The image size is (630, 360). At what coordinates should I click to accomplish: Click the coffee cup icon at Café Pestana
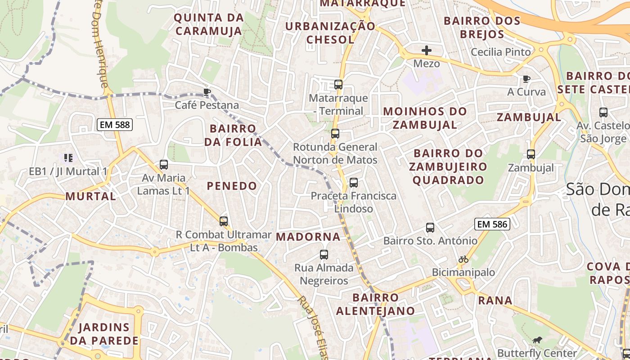(207, 92)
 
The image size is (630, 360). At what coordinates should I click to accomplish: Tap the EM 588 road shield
(115, 125)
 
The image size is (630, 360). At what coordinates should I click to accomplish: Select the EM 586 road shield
(492, 224)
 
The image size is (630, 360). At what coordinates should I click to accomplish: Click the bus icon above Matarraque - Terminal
(338, 84)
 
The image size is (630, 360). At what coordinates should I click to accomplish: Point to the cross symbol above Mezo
(426, 50)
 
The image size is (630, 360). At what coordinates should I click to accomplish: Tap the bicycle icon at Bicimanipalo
(463, 259)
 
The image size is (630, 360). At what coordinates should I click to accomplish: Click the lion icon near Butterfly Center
(537, 340)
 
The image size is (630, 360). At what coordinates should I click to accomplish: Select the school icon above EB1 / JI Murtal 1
(68, 157)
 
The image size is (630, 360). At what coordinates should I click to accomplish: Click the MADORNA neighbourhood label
(308, 237)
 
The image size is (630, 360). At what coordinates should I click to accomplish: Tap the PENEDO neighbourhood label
(232, 186)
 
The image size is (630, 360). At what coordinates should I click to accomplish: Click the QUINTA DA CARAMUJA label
(209, 24)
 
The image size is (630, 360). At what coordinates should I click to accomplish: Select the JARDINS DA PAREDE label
(104, 334)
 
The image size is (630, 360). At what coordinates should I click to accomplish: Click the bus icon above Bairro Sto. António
(430, 228)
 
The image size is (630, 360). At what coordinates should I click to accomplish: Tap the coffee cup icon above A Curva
(526, 79)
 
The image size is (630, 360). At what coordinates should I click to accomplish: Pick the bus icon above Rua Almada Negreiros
(324, 255)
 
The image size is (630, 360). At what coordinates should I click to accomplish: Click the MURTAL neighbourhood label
(90, 196)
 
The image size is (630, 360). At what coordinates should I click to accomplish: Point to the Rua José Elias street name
(313, 328)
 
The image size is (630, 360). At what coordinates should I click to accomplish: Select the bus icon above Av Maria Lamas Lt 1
(164, 165)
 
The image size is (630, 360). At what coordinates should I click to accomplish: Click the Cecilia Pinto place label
(501, 52)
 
